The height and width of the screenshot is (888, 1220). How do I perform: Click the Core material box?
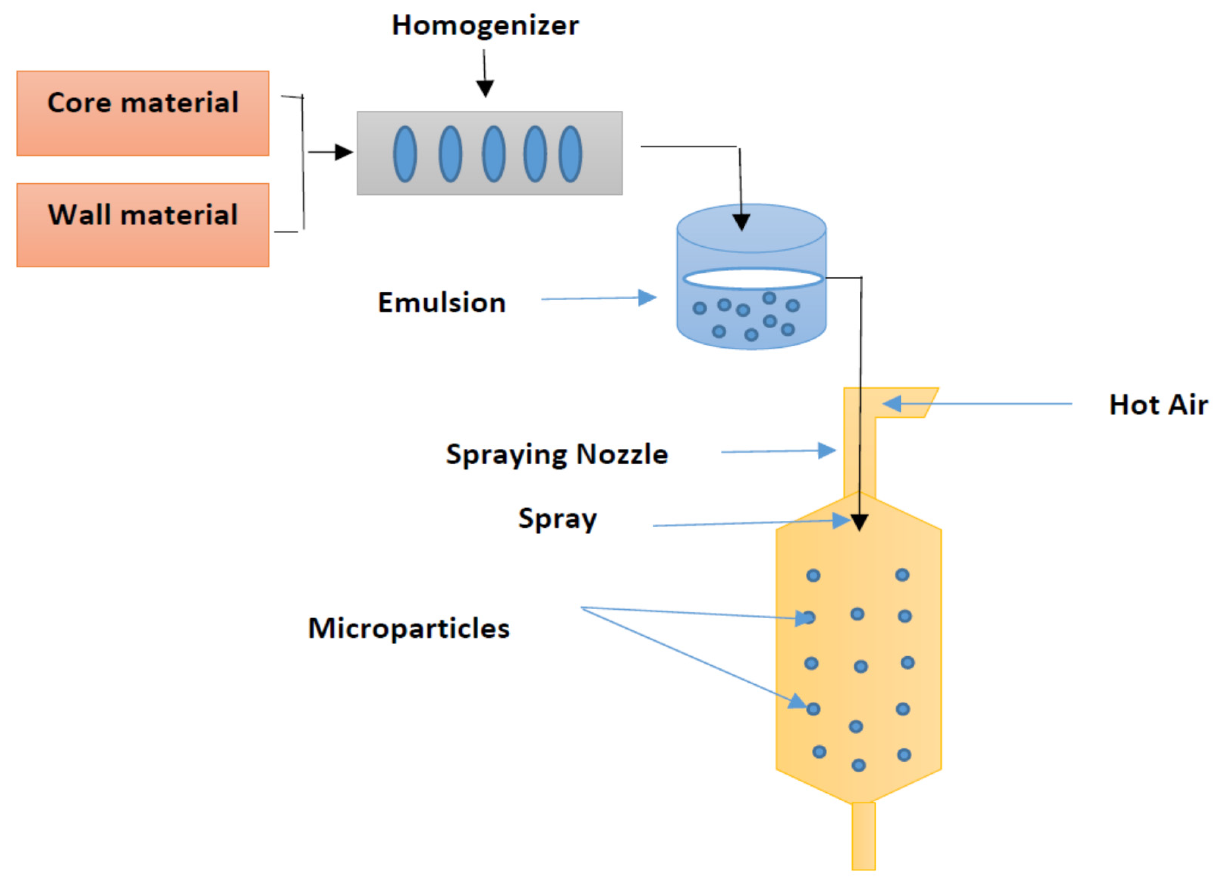[x=143, y=113]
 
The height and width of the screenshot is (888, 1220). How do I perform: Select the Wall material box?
[x=143, y=225]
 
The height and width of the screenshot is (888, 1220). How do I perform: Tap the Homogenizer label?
[x=485, y=25]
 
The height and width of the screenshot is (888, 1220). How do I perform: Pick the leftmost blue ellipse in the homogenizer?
[x=405, y=154]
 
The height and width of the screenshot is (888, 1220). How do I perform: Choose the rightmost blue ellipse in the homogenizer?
[x=570, y=154]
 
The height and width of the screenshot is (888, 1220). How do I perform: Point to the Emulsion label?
[x=442, y=302]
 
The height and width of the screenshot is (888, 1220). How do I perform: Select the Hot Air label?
[x=1158, y=405]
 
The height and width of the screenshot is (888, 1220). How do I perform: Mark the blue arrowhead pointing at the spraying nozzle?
[x=827, y=451]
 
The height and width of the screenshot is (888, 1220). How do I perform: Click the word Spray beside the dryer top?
[x=557, y=519]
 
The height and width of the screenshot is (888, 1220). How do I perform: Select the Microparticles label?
[x=409, y=629]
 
